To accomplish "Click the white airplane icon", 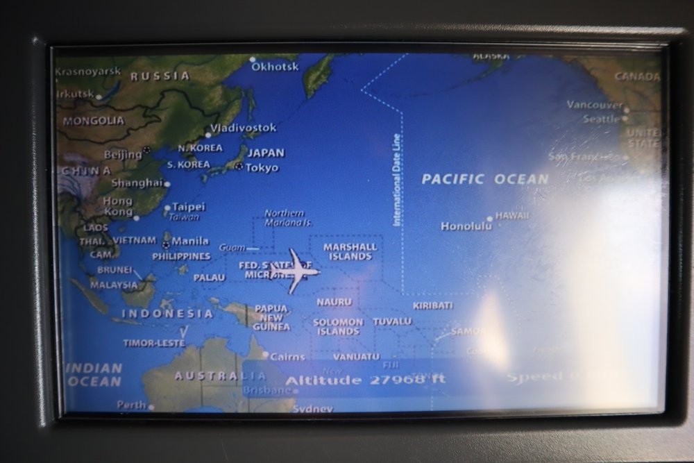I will pyautogui.click(x=297, y=271).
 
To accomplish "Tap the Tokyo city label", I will pyautogui.click(x=262, y=167).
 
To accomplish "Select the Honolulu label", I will pyautogui.click(x=466, y=226).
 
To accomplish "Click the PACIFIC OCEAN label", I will pyautogui.click(x=484, y=179).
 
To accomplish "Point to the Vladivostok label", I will pyautogui.click(x=243, y=128).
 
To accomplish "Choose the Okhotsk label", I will pyautogui.click(x=275, y=67).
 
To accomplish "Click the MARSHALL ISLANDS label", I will pyautogui.click(x=350, y=251).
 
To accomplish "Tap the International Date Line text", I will pyautogui.click(x=397, y=179).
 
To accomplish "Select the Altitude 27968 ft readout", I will pyautogui.click(x=365, y=380).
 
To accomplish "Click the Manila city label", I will pyautogui.click(x=189, y=241).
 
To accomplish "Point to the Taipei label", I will pyautogui.click(x=188, y=207).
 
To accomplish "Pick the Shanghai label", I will pyautogui.click(x=137, y=183).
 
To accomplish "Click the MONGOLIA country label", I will pyautogui.click(x=94, y=121).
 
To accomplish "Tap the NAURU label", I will pyautogui.click(x=334, y=302).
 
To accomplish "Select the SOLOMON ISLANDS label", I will pyautogui.click(x=338, y=326).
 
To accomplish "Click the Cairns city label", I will pyautogui.click(x=287, y=357).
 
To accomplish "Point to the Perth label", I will pyautogui.click(x=131, y=405).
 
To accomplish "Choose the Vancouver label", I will pyautogui.click(x=594, y=105).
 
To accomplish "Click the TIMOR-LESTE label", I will pyautogui.click(x=153, y=343).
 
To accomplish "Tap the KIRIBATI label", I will pyautogui.click(x=432, y=305).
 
